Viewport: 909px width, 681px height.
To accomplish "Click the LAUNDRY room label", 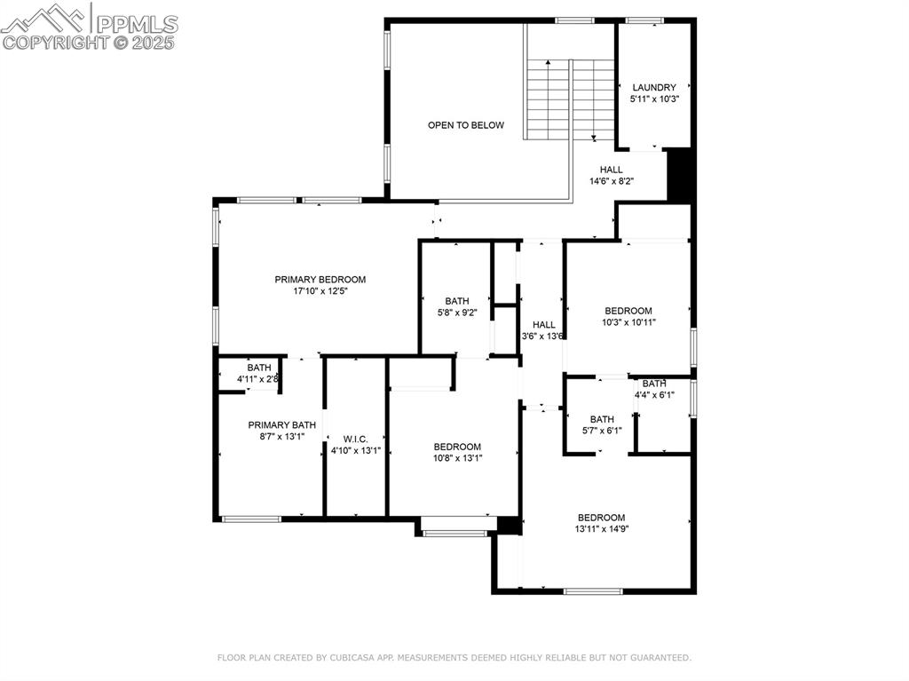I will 653,87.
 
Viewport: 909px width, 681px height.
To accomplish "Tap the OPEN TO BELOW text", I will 465,125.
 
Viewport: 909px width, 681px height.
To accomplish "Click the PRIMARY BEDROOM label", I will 320,279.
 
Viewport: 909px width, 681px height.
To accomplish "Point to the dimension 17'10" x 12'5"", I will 320,291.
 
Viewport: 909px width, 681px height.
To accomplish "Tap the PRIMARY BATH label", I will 281,424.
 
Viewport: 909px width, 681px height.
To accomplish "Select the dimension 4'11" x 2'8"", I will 257,379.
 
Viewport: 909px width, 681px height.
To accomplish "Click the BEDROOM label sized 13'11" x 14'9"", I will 601,518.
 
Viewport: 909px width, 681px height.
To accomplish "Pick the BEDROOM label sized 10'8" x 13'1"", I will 457,447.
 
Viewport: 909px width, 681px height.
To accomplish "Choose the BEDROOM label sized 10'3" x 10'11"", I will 628,311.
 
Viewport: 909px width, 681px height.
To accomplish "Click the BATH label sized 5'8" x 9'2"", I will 456,301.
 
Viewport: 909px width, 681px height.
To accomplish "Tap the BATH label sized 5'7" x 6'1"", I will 601,419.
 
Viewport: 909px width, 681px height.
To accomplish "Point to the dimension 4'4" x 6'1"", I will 653,395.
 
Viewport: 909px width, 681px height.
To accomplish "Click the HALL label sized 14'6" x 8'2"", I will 611,170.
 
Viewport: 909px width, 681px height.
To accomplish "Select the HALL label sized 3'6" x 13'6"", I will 543,325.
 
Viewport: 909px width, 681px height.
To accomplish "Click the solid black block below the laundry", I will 679,175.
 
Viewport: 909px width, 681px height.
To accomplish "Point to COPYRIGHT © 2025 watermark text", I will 89,42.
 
